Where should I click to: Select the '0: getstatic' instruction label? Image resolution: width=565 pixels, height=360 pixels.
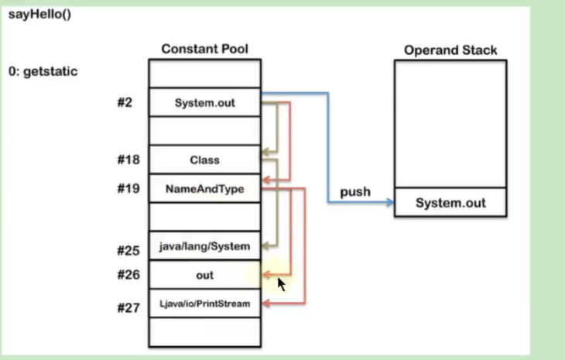43,71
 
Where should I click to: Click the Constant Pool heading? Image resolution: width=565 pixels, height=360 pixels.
204,50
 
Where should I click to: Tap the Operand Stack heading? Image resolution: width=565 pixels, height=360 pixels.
450,50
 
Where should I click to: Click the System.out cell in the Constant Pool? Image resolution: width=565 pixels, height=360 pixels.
204,102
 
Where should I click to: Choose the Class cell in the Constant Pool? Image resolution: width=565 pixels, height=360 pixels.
204,160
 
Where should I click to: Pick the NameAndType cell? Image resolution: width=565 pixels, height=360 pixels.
204,188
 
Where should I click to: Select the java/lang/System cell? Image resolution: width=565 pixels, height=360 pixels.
204,247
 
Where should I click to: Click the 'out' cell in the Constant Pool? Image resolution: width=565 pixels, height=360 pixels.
204,275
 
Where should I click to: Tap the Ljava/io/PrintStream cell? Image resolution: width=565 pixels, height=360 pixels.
204,304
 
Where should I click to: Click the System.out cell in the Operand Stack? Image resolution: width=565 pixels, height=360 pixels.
450,203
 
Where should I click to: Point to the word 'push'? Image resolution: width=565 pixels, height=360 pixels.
355,191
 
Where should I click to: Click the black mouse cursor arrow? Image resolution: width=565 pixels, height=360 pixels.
282,284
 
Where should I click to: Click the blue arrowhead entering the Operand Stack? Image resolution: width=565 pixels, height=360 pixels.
389,203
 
